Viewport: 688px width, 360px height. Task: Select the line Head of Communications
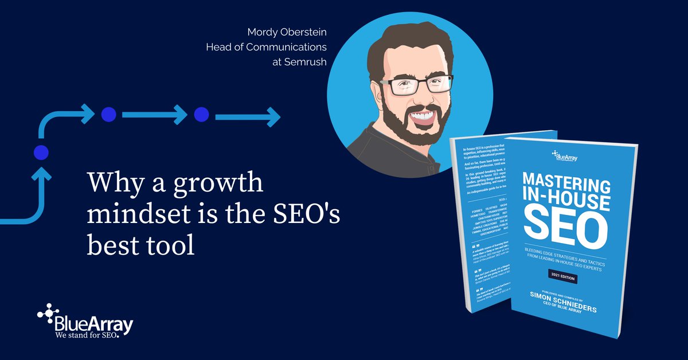(266, 46)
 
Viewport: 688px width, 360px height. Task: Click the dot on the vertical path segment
(41, 152)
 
